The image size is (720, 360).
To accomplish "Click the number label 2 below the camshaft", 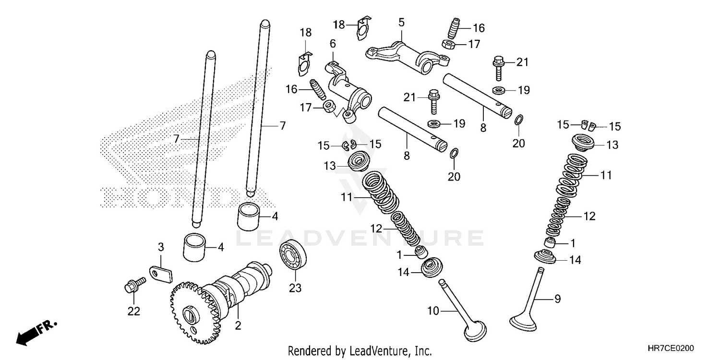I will [x=238, y=326].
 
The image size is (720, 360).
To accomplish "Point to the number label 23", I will [x=295, y=288].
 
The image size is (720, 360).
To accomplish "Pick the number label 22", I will [x=133, y=312].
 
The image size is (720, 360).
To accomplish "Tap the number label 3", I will [x=161, y=247].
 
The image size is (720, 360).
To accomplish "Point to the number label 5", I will [x=401, y=22].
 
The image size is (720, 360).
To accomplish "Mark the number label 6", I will [x=332, y=43].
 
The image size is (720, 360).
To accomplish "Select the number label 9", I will [x=557, y=299].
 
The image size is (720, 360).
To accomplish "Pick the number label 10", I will [x=433, y=312].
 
